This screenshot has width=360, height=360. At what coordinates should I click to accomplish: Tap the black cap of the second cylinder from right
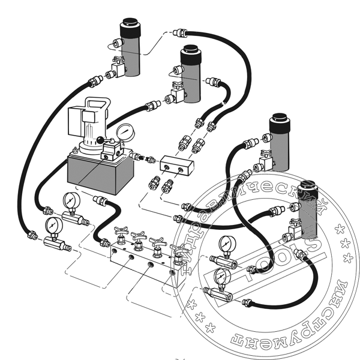point(278,122)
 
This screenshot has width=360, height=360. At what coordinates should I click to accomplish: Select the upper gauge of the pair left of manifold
point(71,199)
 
